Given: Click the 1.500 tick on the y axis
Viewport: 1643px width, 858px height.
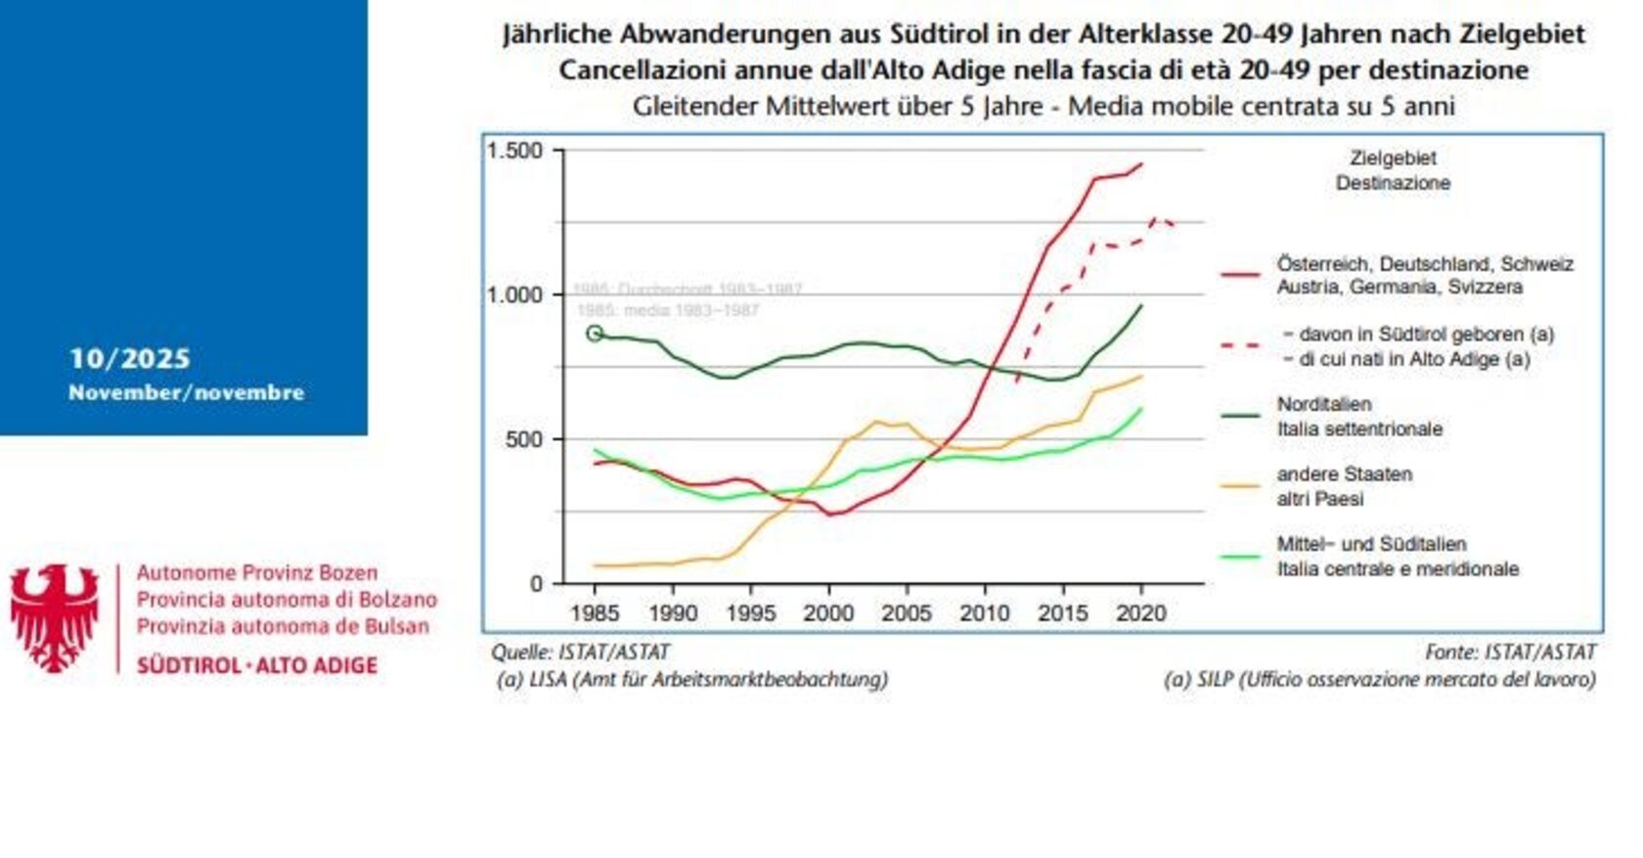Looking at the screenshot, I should coord(514,151).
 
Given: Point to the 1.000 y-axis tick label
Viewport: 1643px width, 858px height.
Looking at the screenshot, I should coord(514,294).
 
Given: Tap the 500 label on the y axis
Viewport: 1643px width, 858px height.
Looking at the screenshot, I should coord(524,439).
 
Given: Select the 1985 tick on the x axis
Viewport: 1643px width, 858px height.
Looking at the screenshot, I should coord(595,613).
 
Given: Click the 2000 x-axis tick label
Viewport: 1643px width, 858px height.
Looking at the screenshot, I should coord(828,613).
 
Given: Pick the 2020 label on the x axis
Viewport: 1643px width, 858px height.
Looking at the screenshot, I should coord(1141,613).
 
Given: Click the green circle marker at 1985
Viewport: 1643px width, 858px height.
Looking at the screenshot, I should coord(595,334).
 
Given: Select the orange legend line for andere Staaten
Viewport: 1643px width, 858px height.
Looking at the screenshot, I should coord(1241,486).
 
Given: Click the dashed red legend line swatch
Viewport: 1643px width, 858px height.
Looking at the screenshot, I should coord(1241,345).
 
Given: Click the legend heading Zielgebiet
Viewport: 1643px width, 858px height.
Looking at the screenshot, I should coord(1393,158).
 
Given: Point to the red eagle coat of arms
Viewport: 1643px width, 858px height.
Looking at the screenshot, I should coord(55,616).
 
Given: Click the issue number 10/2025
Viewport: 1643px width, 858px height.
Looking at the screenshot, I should coord(129,359).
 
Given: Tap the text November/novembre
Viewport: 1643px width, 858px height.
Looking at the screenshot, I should coord(186,392).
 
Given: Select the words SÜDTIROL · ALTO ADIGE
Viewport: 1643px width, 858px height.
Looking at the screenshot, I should coord(256,665).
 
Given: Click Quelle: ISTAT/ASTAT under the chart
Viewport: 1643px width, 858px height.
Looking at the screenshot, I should coord(580,652).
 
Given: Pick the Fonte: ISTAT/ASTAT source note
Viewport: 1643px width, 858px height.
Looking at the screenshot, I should coord(1509,652).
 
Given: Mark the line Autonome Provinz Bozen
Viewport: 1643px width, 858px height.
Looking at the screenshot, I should coord(256,572).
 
